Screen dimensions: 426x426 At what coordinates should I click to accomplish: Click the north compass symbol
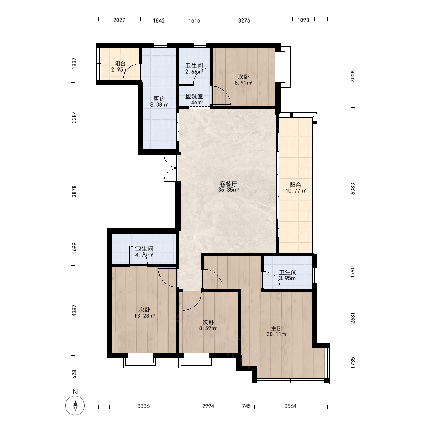point(75,406)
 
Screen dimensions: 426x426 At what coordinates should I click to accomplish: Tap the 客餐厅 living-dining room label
point(228,184)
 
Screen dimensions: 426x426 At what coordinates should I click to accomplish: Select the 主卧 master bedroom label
point(277,328)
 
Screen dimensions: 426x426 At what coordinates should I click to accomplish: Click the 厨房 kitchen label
point(159,99)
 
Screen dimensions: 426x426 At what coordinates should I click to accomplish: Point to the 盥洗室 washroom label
point(194,96)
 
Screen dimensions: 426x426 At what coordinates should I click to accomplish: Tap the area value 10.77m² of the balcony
point(296,191)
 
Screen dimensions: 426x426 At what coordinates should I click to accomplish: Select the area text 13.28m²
point(144,316)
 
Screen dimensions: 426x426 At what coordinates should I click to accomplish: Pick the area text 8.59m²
point(208,328)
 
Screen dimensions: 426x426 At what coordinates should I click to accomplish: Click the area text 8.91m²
point(243,83)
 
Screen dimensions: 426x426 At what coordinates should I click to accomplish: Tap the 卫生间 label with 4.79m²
point(144,249)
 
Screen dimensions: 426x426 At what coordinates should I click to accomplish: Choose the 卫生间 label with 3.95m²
point(288,272)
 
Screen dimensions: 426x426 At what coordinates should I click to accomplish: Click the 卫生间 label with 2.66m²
point(194,66)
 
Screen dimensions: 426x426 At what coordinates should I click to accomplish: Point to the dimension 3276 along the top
point(244,20)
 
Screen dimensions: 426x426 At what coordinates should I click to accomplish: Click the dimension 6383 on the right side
point(353,189)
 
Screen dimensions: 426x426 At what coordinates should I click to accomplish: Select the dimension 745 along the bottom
point(246,406)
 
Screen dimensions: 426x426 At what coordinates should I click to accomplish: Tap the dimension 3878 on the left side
point(74,191)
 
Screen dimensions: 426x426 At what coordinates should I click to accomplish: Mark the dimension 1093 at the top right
point(303,20)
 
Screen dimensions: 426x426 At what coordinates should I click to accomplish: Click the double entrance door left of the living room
point(171,168)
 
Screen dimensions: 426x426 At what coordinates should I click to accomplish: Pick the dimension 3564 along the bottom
point(291,406)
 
